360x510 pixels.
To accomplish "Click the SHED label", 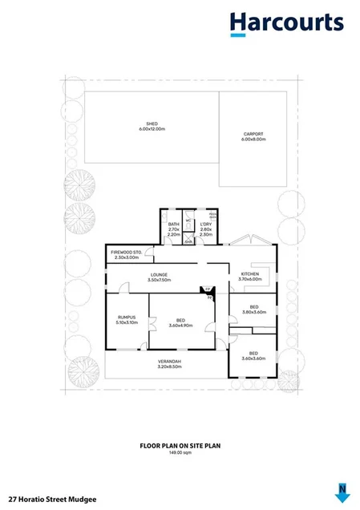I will tap(151, 123).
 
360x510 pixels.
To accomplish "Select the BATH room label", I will tap(173, 225).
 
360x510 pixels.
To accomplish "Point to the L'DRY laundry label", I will tap(204, 225).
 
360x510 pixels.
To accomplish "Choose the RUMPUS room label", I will tap(127, 318).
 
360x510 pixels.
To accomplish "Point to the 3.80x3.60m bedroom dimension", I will tap(253, 312).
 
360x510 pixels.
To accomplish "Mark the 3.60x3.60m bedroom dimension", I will tap(253, 358).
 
